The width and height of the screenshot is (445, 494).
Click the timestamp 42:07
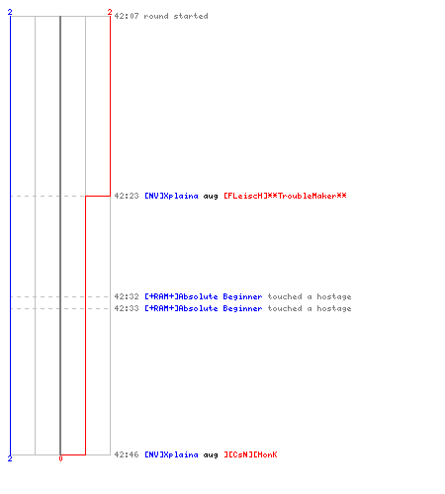pyautogui.click(x=127, y=16)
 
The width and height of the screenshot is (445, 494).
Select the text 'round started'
pyautogui.click(x=176, y=16)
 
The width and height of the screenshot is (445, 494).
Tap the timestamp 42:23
pyautogui.click(x=127, y=196)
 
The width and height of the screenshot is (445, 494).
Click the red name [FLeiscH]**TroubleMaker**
pyautogui.click(x=285, y=196)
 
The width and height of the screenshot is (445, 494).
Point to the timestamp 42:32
pyautogui.click(x=127, y=296)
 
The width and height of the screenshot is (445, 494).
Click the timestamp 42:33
pyautogui.click(x=127, y=308)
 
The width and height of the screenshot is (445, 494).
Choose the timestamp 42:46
pyautogui.click(x=127, y=454)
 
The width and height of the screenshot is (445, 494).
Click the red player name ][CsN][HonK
pyautogui.click(x=250, y=454)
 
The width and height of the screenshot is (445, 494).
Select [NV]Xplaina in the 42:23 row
pyautogui.click(x=171, y=196)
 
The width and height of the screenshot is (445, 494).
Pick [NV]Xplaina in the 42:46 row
pyautogui.click(x=171, y=454)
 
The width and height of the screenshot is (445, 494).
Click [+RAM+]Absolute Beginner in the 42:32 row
pyautogui.click(x=204, y=296)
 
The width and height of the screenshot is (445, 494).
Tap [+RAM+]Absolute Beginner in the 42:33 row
pyautogui.click(x=204, y=308)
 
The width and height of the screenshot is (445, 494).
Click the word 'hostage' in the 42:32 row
pyautogui.click(x=334, y=296)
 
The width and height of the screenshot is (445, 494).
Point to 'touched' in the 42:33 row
pyautogui.click(x=285, y=308)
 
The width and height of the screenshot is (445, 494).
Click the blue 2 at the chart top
pyautogui.click(x=10, y=12)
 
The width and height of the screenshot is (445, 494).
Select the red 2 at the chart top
pyautogui.click(x=110, y=12)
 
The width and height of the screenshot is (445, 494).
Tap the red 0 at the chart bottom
pyautogui.click(x=60, y=458)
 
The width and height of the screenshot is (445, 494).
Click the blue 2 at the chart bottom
pyautogui.click(x=10, y=458)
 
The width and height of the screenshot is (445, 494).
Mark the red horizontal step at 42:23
pyautogui.click(x=98, y=196)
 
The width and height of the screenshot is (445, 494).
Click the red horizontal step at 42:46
pyautogui.click(x=73, y=454)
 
